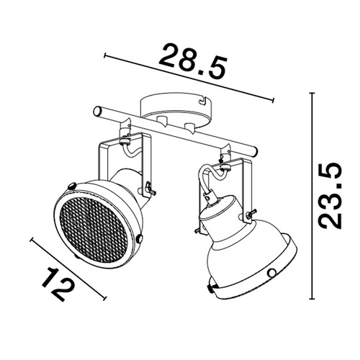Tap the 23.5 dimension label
tap(329, 195)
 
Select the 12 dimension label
tap(58, 284)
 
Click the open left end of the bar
tap(97, 111)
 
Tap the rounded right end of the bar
tap(256, 152)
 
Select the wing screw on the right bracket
tap(251, 213)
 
